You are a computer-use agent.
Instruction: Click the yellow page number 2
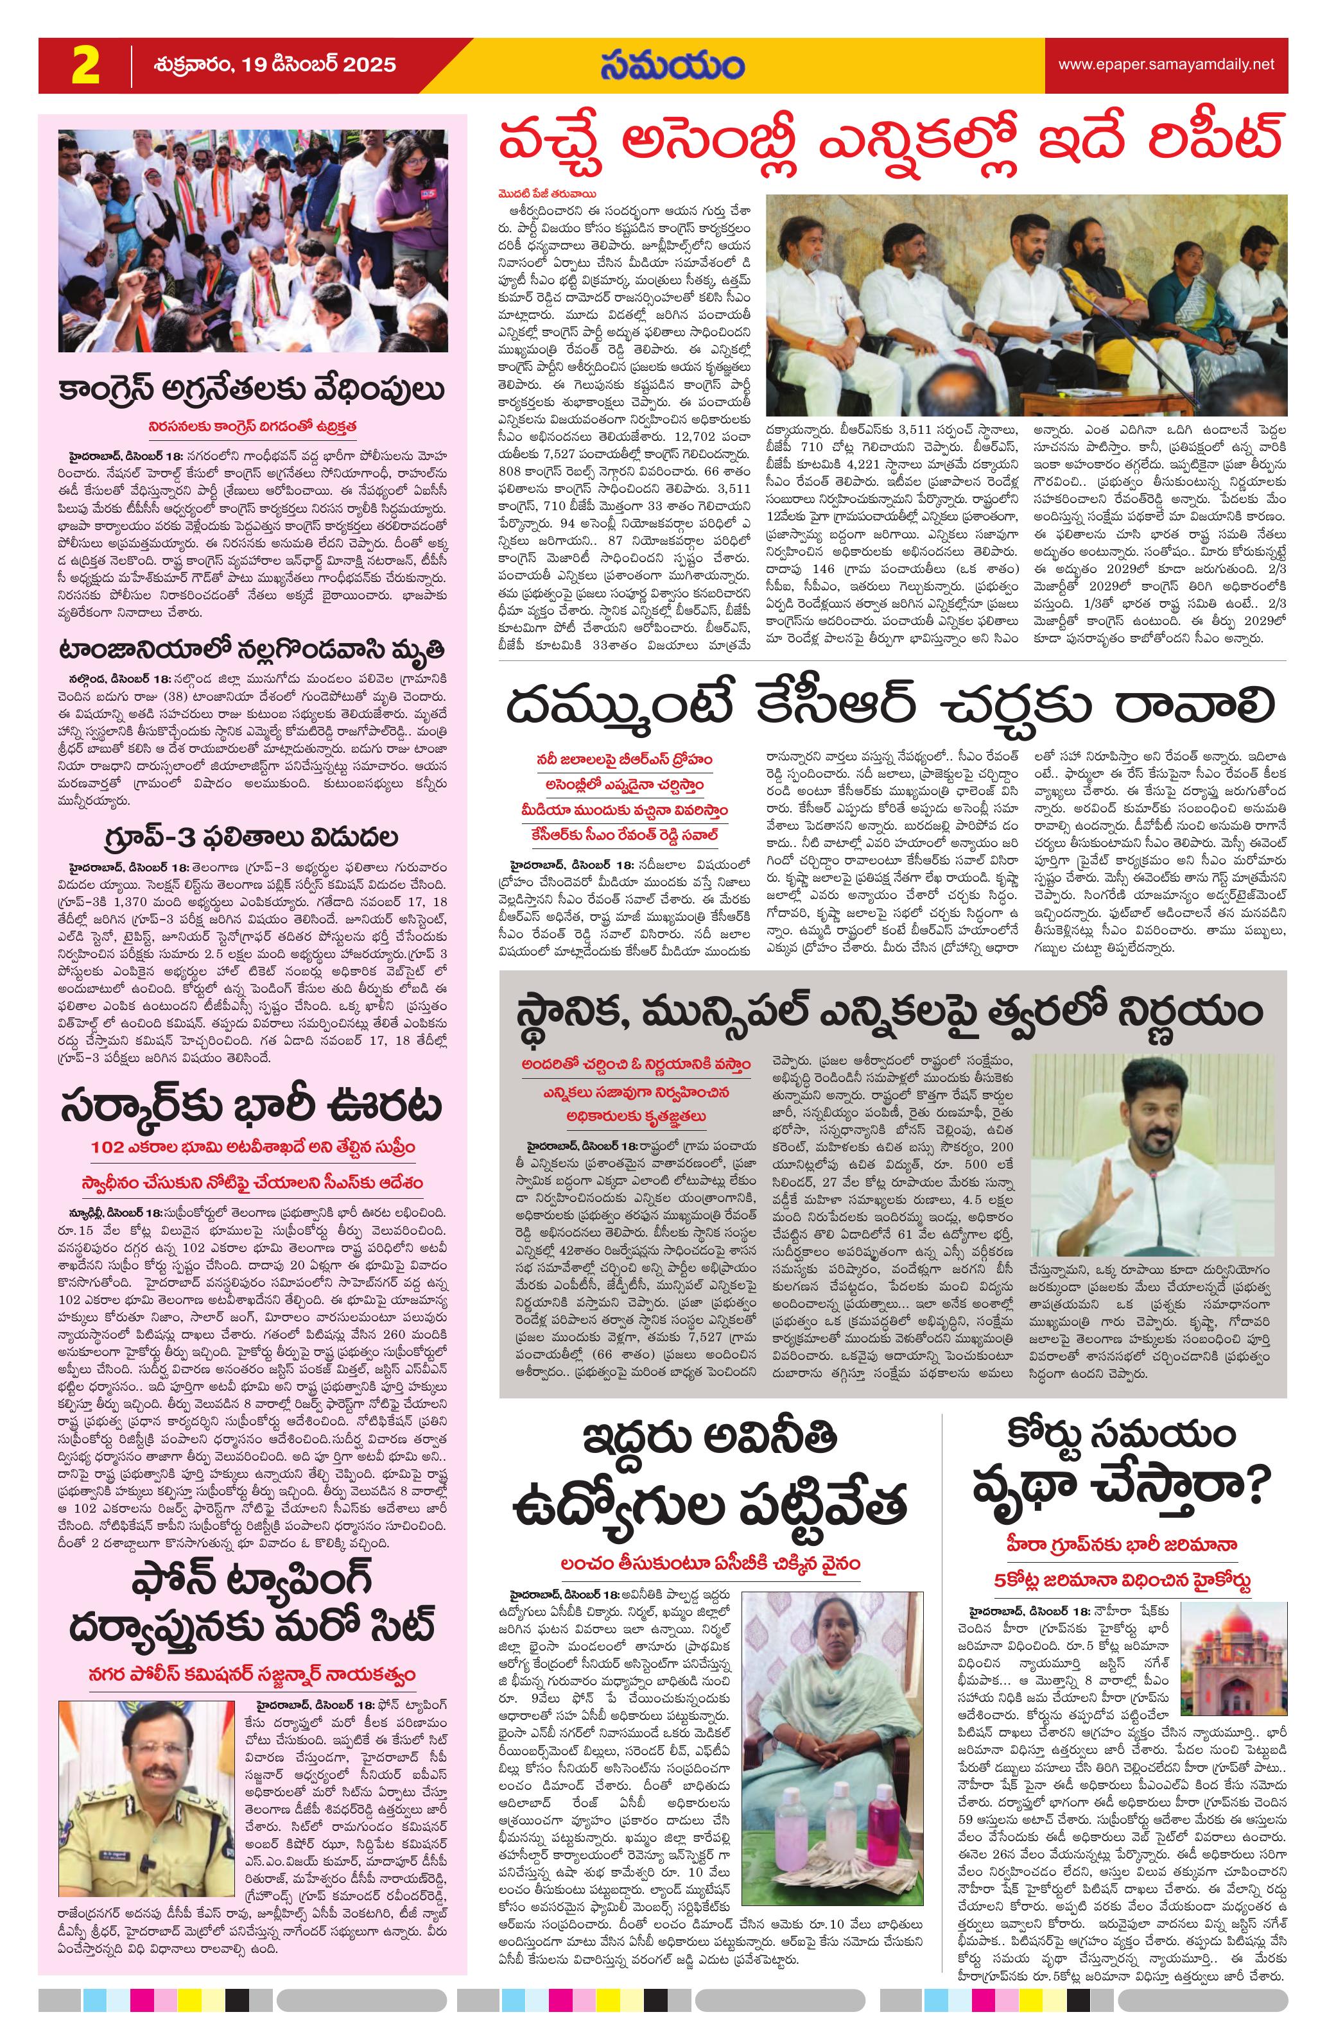[x=85, y=65]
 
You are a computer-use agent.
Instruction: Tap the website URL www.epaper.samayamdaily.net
[x=1166, y=65]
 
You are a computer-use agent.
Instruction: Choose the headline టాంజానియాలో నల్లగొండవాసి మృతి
[x=253, y=651]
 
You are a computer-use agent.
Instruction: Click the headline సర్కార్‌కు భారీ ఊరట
[x=253, y=1107]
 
